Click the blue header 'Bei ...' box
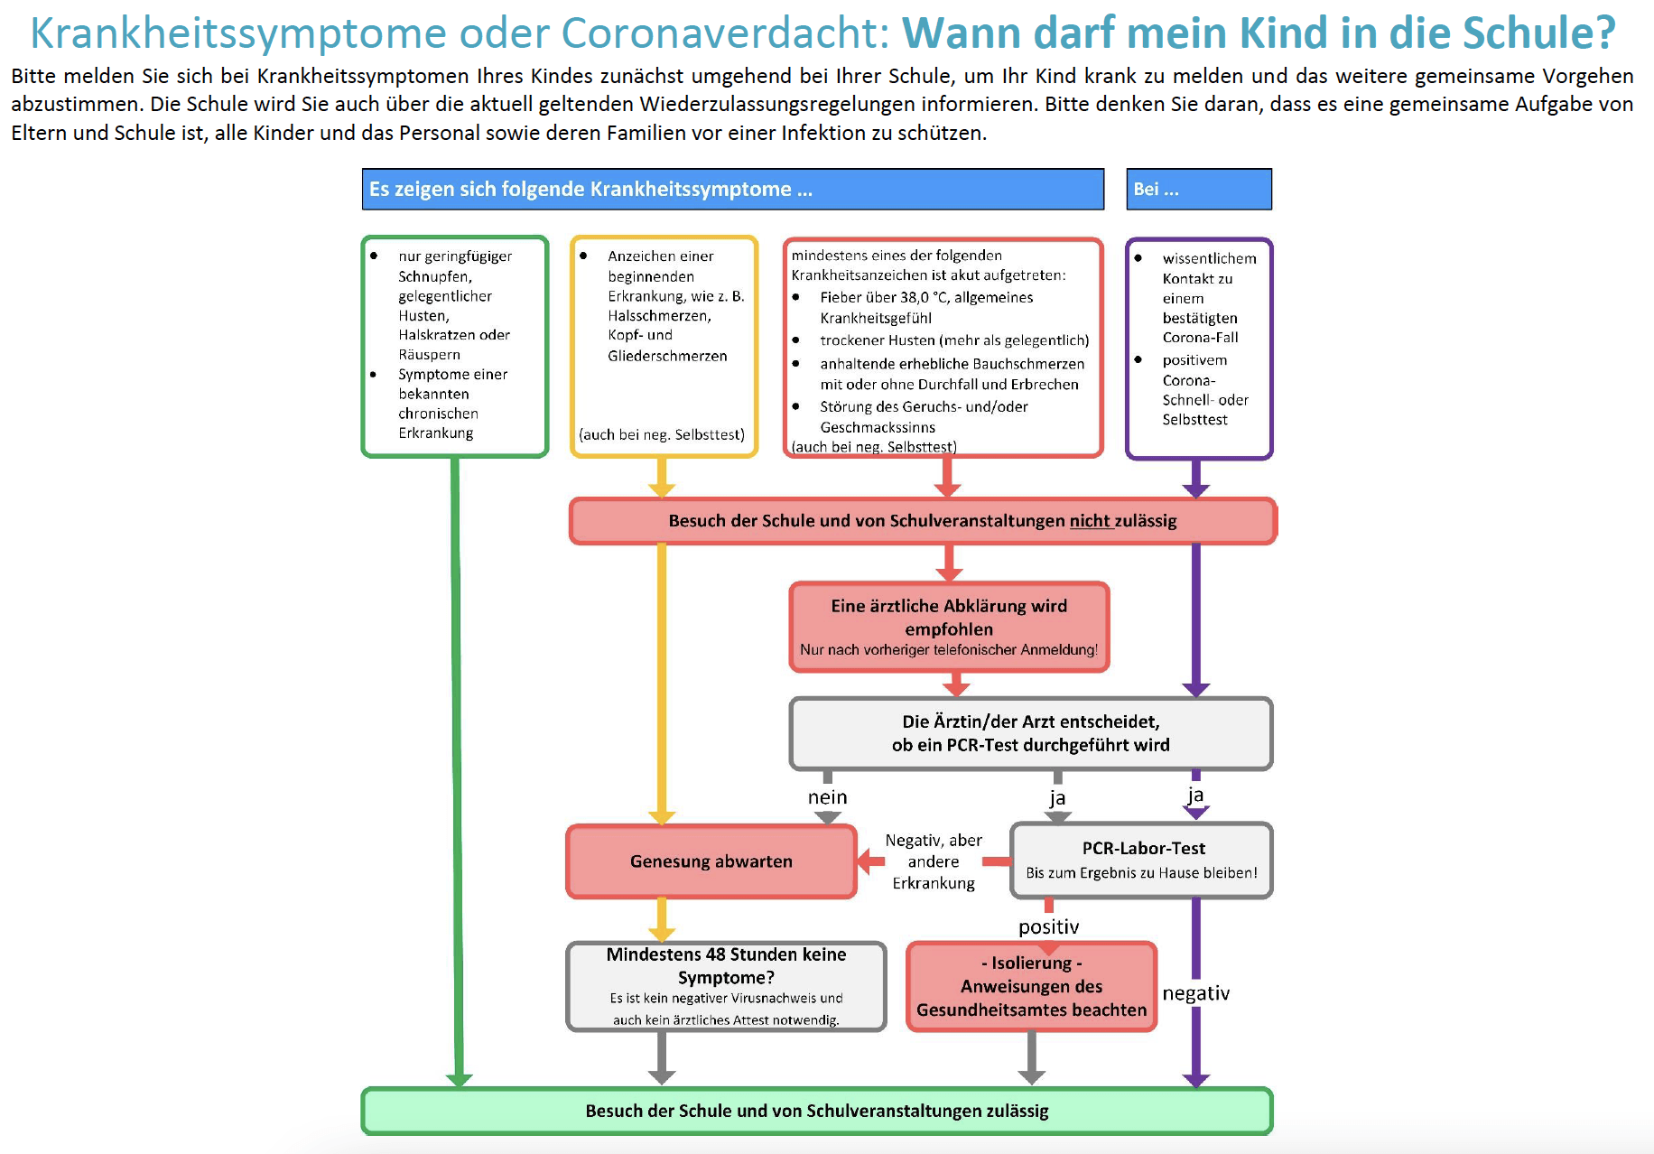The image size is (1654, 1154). click(x=1198, y=190)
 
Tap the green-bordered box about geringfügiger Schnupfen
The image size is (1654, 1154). click(x=454, y=347)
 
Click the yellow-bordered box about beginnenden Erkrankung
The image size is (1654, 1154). click(x=664, y=347)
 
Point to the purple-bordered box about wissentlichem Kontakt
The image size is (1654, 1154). click(x=1199, y=349)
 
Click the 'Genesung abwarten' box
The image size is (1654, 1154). click(x=711, y=861)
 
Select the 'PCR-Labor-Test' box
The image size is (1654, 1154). click(x=1142, y=860)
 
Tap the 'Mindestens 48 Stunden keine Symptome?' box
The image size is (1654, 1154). click(x=726, y=986)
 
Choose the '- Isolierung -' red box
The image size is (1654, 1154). click(x=1031, y=986)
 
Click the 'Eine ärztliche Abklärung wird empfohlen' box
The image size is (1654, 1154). click(x=949, y=627)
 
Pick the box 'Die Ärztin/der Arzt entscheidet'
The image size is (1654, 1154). click(x=1030, y=733)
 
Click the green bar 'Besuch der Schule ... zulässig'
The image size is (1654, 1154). click(x=816, y=1111)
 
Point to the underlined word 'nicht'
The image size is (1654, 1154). click(x=1090, y=521)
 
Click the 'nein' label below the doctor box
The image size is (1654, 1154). click(x=827, y=797)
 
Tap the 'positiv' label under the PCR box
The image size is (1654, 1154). click(x=1048, y=926)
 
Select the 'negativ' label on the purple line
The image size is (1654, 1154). click(x=1195, y=993)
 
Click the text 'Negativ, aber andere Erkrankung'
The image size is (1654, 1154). click(x=934, y=861)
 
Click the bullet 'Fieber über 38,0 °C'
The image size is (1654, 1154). click(x=925, y=297)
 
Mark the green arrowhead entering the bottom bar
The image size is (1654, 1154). click(x=460, y=1079)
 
